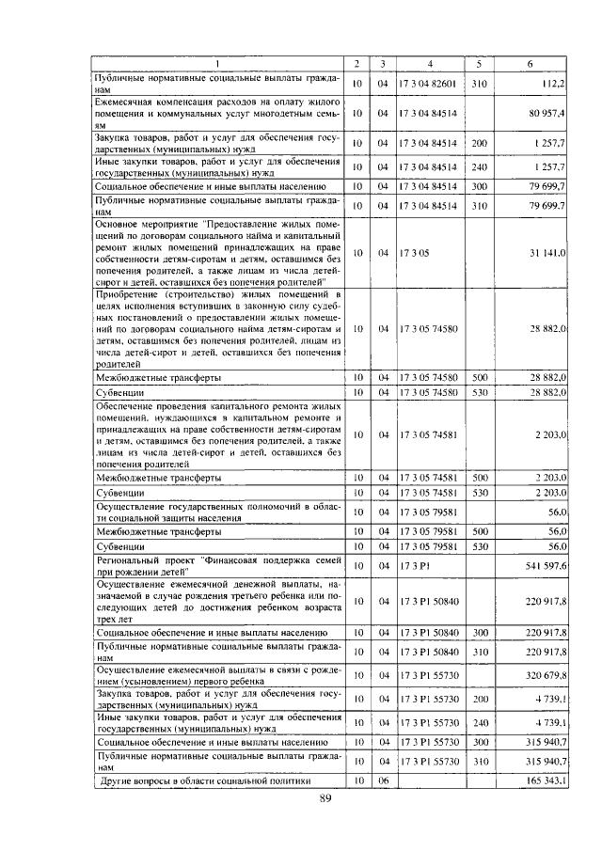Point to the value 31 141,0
point(547,253)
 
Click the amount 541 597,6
point(544,566)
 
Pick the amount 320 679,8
point(544,674)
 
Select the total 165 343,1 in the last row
point(544,780)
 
